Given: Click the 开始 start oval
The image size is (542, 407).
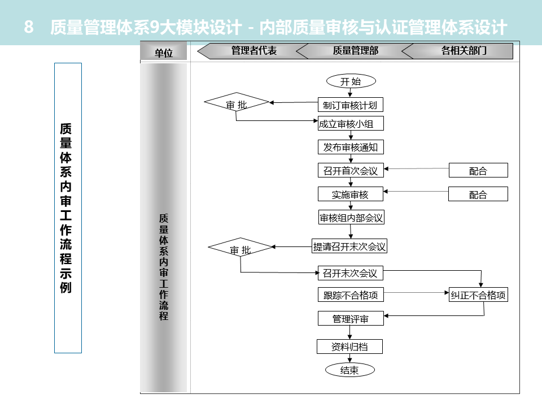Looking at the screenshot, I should tap(350, 81).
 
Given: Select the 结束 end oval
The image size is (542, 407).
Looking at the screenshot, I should tap(350, 370).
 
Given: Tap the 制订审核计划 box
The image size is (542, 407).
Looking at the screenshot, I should tap(350, 105).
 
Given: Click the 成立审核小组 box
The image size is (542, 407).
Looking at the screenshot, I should tap(350, 124).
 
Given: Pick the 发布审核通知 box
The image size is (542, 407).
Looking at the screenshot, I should tap(350, 148).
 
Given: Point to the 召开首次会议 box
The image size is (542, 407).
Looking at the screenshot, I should tap(350, 171).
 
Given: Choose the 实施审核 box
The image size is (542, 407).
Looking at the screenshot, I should tap(350, 194).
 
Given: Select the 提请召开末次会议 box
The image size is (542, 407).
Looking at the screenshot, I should tap(350, 246).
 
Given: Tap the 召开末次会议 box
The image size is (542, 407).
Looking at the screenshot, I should tap(350, 273).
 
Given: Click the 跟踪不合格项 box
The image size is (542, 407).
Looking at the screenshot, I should tap(350, 295).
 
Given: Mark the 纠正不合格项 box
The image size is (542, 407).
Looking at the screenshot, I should tap(478, 295).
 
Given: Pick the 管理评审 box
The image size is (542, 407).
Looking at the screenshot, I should tap(350, 319).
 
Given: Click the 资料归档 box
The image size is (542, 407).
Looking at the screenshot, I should tap(350, 347).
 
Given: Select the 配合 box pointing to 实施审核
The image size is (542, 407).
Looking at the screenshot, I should tap(478, 194).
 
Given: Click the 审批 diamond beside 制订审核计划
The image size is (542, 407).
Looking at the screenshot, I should tap(237, 105).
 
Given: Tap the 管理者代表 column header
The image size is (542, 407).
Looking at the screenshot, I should tap(253, 51).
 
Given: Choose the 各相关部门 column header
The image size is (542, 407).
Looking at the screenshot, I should tap(464, 51).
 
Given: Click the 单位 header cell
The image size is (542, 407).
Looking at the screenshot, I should tap(164, 53).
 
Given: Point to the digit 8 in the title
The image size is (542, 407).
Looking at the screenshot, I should tap(29, 27).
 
